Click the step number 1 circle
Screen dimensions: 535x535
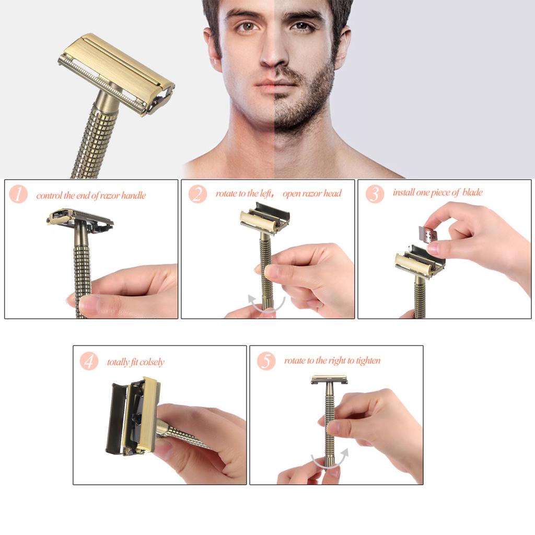point(18,194)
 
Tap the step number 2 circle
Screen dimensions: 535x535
point(197,194)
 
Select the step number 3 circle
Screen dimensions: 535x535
point(375,193)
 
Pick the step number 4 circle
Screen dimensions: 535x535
point(89,361)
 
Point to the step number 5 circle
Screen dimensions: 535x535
point(266,360)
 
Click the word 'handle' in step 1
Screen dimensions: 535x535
point(134,196)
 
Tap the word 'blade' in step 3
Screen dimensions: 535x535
point(472,193)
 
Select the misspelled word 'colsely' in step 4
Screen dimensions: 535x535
point(152,362)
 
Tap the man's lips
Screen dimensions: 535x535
point(270,84)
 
